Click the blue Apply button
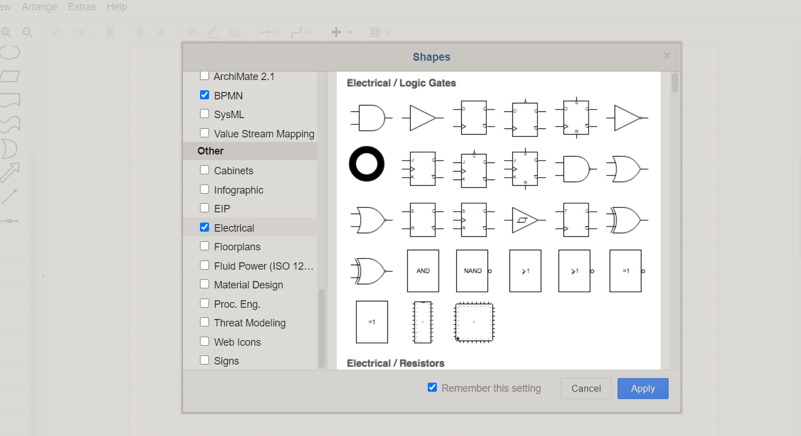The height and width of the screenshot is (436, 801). coord(643,388)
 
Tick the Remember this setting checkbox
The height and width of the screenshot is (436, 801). coord(432,387)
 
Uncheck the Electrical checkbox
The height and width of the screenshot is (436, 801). coord(205,227)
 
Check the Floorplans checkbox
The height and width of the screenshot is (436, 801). coord(205,246)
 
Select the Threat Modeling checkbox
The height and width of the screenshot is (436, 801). coord(205,322)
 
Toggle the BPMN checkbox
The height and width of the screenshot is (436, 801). coord(205,95)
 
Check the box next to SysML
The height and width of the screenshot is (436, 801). coord(205,114)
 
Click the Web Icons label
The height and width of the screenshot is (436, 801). coord(237,342)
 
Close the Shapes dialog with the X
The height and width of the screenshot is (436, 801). coord(667,56)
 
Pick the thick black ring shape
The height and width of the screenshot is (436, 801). coord(366,164)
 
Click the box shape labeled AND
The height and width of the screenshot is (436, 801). coord(423,271)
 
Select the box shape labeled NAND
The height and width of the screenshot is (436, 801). coord(473,271)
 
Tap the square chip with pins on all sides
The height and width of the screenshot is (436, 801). coord(474,322)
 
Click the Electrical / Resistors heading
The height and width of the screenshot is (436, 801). coord(395,363)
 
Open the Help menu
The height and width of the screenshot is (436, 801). coord(116,7)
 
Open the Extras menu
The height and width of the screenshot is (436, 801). coord(82,7)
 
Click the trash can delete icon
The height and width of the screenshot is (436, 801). coord(110,32)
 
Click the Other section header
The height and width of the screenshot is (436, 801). coord(211,151)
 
